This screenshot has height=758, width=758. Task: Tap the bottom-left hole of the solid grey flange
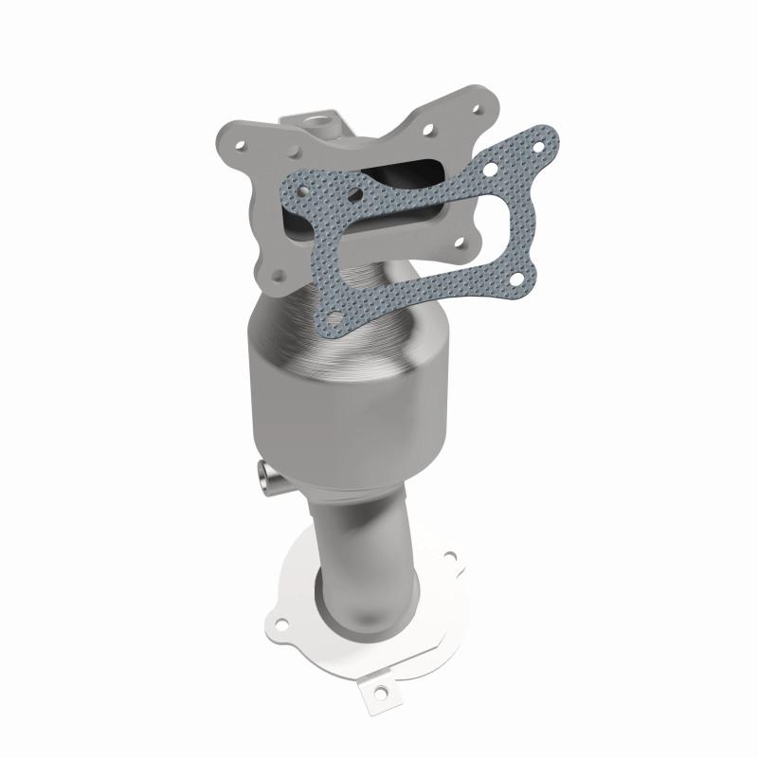[278, 276]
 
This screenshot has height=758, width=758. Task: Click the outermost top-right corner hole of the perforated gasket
[540, 146]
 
